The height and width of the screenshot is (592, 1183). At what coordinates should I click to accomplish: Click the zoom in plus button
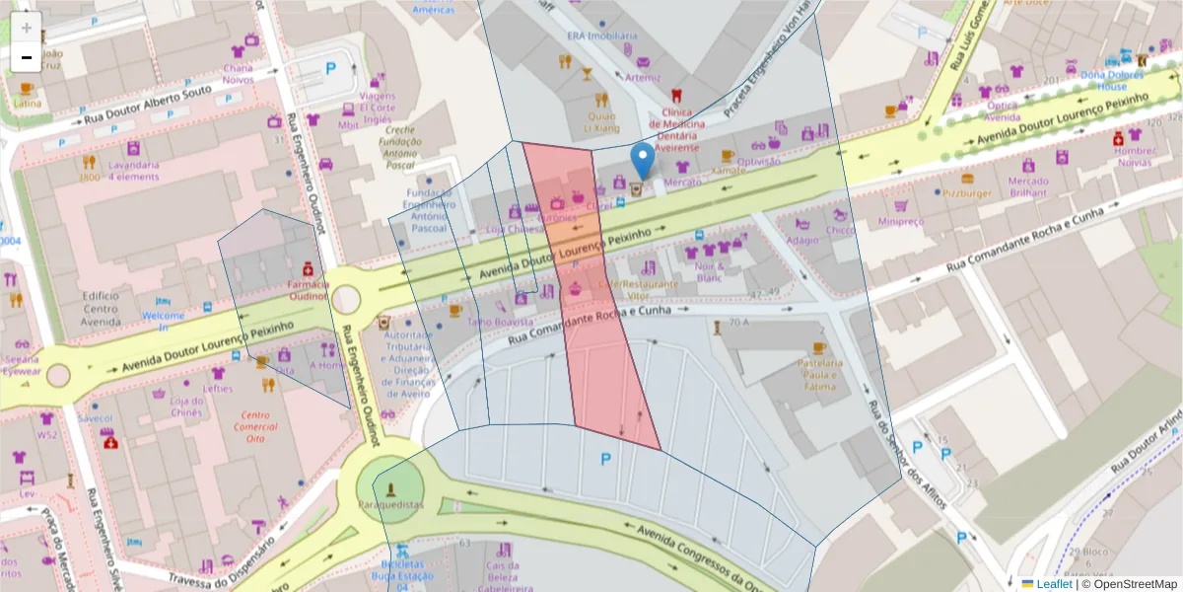tap(27, 28)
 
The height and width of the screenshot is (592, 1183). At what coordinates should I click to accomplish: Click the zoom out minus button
tap(27, 57)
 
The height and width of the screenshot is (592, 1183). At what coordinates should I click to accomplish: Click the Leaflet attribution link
tap(1054, 584)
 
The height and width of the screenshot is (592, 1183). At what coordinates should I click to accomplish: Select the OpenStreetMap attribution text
tap(1128, 584)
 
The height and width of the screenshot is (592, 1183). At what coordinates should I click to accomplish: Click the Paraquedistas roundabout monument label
tap(390, 504)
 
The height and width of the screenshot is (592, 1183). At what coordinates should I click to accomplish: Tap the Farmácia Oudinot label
tap(308, 289)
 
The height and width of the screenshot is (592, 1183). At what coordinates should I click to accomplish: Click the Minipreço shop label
tap(900, 222)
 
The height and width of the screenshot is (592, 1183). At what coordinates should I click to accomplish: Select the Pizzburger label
tap(965, 193)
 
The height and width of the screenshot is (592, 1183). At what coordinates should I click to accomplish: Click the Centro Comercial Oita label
tap(255, 427)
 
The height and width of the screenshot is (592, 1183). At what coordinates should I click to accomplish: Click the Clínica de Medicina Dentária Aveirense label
tap(677, 129)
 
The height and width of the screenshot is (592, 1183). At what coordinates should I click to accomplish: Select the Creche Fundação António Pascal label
tap(400, 148)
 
